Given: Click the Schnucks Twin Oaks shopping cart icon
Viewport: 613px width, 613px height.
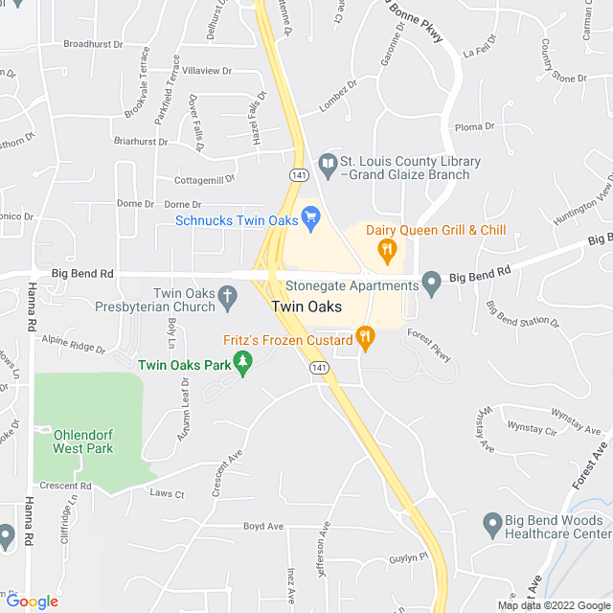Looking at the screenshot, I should coord(310,218).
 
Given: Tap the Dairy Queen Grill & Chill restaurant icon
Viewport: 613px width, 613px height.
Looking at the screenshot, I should coord(387,252).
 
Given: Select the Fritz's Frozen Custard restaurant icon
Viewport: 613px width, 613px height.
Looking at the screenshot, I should coord(364,337).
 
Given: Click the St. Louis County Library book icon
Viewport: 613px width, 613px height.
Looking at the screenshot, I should coord(329,166).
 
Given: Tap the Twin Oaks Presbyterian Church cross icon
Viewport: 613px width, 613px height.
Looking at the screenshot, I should coord(227,299).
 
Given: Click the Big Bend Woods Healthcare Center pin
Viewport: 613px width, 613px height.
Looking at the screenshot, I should coord(492,524).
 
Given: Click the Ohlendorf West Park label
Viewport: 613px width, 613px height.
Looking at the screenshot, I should coord(82,441).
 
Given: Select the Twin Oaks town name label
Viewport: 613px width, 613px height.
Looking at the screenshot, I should coord(306,307).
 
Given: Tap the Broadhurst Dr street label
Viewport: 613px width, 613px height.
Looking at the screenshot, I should coord(94,44).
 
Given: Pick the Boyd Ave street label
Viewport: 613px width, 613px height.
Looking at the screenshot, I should coord(263,526).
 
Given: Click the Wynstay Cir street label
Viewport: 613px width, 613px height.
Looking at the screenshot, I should coord(532,426).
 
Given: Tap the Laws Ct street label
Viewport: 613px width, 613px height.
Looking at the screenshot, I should coord(167,493).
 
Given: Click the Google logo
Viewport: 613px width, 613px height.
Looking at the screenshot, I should coord(32,602).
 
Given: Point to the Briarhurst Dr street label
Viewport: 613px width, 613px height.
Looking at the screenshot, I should coord(141,142).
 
